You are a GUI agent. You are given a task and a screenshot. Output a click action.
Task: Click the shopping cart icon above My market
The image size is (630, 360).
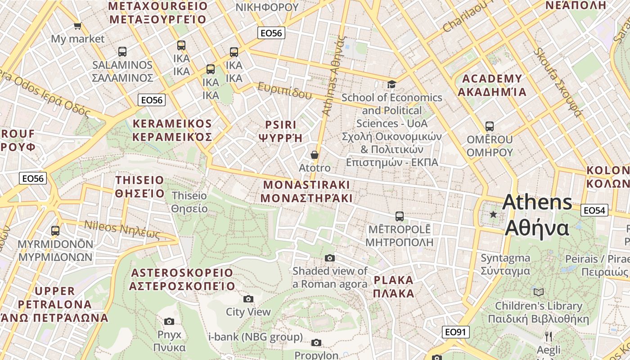point(77,26)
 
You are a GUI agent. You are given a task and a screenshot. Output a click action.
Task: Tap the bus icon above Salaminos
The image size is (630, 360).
point(122,52)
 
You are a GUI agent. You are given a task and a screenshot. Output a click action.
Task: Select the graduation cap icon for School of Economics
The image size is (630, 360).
point(391,84)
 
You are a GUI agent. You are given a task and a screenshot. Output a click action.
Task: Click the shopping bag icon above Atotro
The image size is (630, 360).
point(315,155)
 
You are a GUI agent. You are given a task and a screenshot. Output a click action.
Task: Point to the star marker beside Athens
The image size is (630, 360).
point(493,214)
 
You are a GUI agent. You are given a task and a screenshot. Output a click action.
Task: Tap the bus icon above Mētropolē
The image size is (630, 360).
point(399,216)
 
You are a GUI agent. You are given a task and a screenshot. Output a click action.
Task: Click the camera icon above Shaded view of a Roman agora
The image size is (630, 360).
point(330,258)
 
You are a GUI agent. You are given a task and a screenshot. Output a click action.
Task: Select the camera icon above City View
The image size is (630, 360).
point(248,299)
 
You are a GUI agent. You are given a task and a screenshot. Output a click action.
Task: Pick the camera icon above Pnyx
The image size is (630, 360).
point(169,321)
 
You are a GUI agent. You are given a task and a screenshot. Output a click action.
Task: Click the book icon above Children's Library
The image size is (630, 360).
point(538,292)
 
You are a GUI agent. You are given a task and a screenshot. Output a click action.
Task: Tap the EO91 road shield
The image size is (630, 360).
point(456,332)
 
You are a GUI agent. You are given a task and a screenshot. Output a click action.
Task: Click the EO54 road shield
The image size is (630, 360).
point(594,210)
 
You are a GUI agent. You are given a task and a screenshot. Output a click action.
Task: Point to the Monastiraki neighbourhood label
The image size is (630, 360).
point(306,191)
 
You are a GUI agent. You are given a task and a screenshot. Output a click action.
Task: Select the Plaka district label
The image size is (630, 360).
point(394,287)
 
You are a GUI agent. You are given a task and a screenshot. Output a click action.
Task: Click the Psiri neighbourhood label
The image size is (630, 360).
point(281,131)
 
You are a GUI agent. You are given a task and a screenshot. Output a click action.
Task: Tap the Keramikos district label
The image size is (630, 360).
point(172,130)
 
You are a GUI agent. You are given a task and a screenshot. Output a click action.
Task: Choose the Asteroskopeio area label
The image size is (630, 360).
point(182,279)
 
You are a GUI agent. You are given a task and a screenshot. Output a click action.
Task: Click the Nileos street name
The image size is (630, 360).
point(122,229)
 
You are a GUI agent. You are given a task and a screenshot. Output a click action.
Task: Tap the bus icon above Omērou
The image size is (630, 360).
point(489,126)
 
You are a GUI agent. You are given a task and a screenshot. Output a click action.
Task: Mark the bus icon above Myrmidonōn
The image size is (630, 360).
point(55,231)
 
